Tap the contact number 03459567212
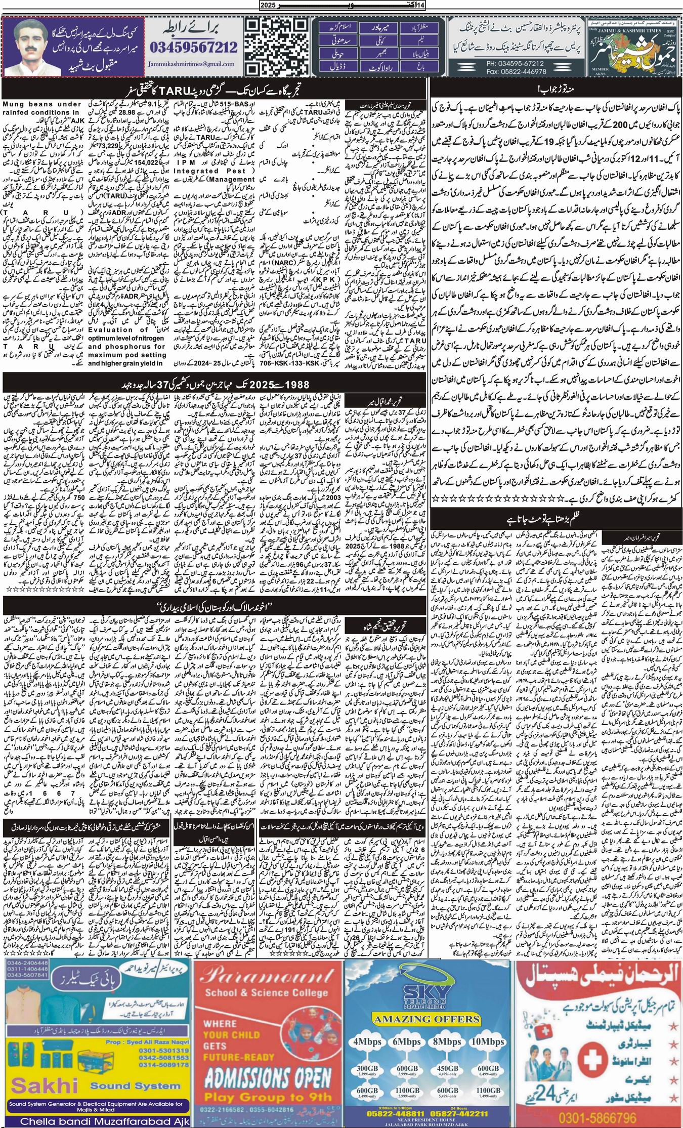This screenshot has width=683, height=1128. [x=194, y=48]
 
